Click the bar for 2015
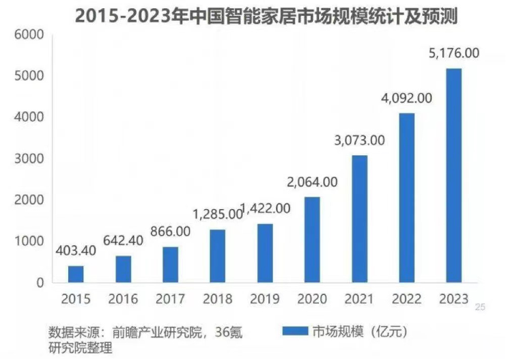[76, 274]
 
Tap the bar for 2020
[311, 239]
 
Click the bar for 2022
[406, 197]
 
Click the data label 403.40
[76, 251]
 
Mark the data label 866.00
[170, 232]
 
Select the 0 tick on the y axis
[40, 282]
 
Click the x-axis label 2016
[123, 299]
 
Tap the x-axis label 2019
[264, 299]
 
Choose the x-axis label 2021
[359, 299]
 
